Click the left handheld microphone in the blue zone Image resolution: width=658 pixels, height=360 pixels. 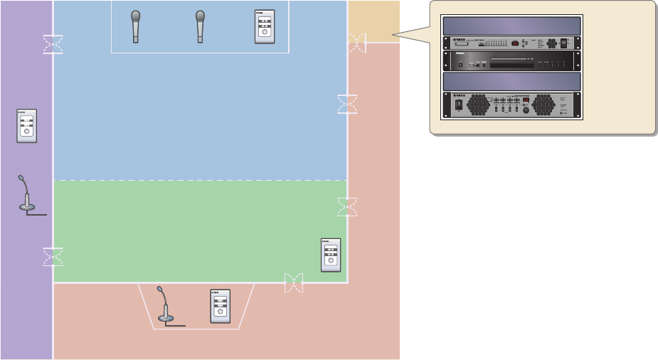pos(136,27)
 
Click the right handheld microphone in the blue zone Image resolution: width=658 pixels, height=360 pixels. pos(201,27)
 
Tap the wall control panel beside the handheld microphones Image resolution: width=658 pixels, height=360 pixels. pos(265,28)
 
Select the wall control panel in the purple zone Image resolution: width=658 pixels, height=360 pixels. pos(26,125)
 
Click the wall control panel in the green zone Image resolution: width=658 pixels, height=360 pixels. pos(331,255)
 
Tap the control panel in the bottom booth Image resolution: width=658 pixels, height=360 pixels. pos(220,307)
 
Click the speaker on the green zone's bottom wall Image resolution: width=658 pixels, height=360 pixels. pos(293,282)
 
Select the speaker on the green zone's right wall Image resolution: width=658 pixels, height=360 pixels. pos(347,207)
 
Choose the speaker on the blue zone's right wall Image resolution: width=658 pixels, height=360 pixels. pos(347,104)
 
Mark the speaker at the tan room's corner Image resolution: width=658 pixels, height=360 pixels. pos(357,43)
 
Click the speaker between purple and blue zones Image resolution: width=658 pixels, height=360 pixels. pos(53,44)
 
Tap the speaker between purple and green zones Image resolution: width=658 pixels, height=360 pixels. pos(53,257)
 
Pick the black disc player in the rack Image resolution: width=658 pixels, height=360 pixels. pos(512,61)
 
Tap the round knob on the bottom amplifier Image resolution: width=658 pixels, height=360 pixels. pos(526,110)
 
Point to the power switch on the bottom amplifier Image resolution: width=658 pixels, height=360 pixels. pos(459,105)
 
